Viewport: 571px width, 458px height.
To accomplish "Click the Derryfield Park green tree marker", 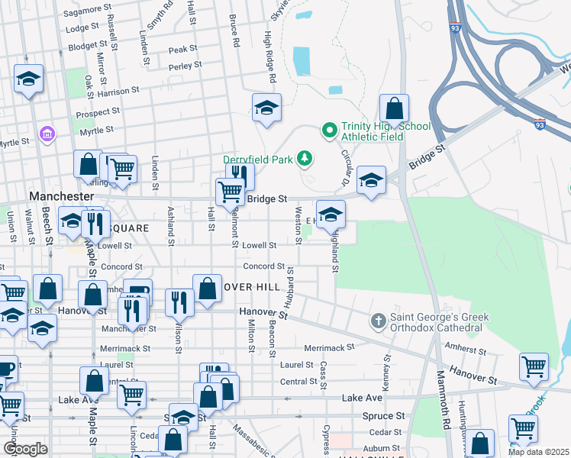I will pos(305,158).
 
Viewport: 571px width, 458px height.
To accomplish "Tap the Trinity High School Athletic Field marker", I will pos(330,131).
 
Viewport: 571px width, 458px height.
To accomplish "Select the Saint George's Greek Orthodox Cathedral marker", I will pos(378,322).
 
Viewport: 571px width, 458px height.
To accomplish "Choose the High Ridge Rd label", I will pos(269,58).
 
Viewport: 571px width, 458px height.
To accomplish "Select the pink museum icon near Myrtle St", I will pos(47,134).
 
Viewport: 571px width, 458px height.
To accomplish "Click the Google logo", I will pos(25,449).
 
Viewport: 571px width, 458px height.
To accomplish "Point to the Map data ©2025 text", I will pos(538,452).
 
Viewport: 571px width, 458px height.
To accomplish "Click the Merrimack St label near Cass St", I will pos(330,347).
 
